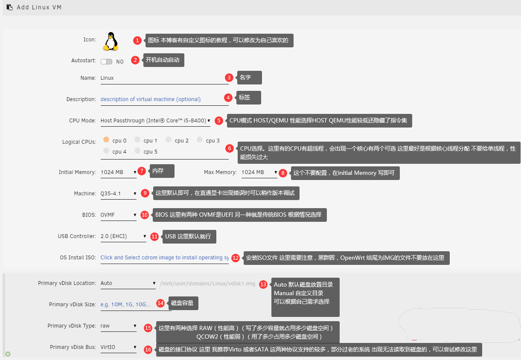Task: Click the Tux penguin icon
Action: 111,41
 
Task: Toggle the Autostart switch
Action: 106,61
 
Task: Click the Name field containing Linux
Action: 164,78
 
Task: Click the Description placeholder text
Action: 151,99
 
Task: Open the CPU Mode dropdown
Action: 155,121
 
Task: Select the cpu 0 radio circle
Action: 106,139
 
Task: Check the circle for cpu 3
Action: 200,139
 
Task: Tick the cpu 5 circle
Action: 137,151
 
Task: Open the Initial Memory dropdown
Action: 118,172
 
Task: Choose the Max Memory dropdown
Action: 259,172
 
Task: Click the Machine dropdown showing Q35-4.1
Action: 118,194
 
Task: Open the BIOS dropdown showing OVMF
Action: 118,215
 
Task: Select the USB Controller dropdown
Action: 123,236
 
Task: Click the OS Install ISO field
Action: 164,258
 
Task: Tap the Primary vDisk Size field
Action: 136,305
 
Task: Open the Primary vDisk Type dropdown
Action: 118,326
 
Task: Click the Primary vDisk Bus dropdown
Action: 118,347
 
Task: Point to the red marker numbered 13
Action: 263,285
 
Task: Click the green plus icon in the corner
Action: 8,354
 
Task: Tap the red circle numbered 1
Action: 137,41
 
